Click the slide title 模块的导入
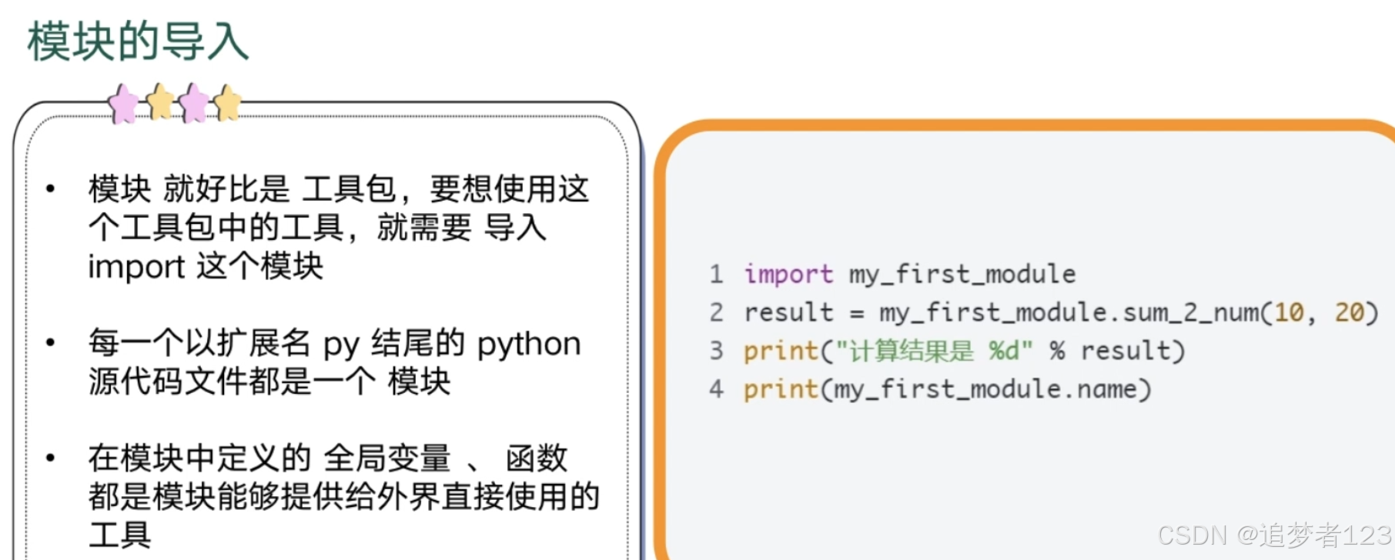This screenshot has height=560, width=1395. pyautogui.click(x=138, y=41)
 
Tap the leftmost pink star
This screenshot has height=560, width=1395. pyautogui.click(x=123, y=104)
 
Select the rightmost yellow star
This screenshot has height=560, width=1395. pyautogui.click(x=228, y=102)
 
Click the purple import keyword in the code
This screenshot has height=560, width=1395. pyautogui.click(x=788, y=274)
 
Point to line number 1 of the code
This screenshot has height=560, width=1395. pyautogui.click(x=716, y=274)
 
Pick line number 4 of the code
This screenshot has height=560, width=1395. pyautogui.click(x=716, y=388)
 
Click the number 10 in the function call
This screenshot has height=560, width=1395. pyautogui.click(x=1289, y=312)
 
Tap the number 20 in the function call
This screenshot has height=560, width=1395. pyautogui.click(x=1350, y=312)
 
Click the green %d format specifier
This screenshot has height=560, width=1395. pyautogui.click(x=1004, y=351)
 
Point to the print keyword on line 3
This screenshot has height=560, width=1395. pyautogui.click(x=781, y=351)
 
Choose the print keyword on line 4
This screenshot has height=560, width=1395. pyautogui.click(x=781, y=388)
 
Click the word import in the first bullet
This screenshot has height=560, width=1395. pyautogui.click(x=136, y=267)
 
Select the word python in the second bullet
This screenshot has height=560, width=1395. pyautogui.click(x=529, y=344)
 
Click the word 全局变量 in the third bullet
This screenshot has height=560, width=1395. pyautogui.click(x=386, y=458)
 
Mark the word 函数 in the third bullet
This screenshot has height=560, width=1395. pyautogui.click(x=537, y=458)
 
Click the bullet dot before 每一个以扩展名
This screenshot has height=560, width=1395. pyautogui.click(x=51, y=342)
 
